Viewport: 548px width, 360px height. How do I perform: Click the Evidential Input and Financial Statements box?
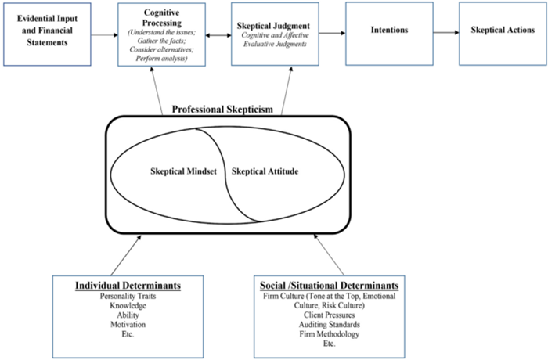click(47, 34)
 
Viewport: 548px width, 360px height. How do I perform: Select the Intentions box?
click(389, 34)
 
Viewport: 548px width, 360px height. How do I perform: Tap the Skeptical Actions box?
click(503, 34)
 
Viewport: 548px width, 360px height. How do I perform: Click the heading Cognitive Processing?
click(162, 18)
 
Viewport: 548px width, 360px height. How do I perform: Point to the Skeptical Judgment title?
click(273, 26)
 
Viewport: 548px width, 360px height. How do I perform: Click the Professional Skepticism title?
click(222, 110)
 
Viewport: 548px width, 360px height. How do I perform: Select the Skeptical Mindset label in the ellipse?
click(183, 171)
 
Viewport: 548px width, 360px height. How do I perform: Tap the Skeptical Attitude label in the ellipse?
click(265, 171)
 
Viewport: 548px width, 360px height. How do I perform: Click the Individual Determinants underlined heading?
click(128, 286)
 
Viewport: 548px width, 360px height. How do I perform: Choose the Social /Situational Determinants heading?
click(330, 286)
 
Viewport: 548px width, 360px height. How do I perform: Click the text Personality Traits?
click(128, 296)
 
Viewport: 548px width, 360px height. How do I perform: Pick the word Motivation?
click(128, 324)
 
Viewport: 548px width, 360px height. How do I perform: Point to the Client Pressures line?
click(330, 315)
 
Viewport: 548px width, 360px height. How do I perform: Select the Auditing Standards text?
click(330, 324)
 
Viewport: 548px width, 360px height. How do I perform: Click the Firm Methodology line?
click(330, 334)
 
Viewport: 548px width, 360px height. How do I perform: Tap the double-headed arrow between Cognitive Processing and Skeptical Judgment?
click(218, 35)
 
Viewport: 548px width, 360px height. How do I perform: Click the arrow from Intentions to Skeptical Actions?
click(446, 33)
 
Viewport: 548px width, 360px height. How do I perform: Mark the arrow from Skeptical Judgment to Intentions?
click(332, 33)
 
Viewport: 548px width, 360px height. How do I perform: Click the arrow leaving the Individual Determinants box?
click(126, 255)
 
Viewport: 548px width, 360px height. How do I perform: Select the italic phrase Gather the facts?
click(161, 41)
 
